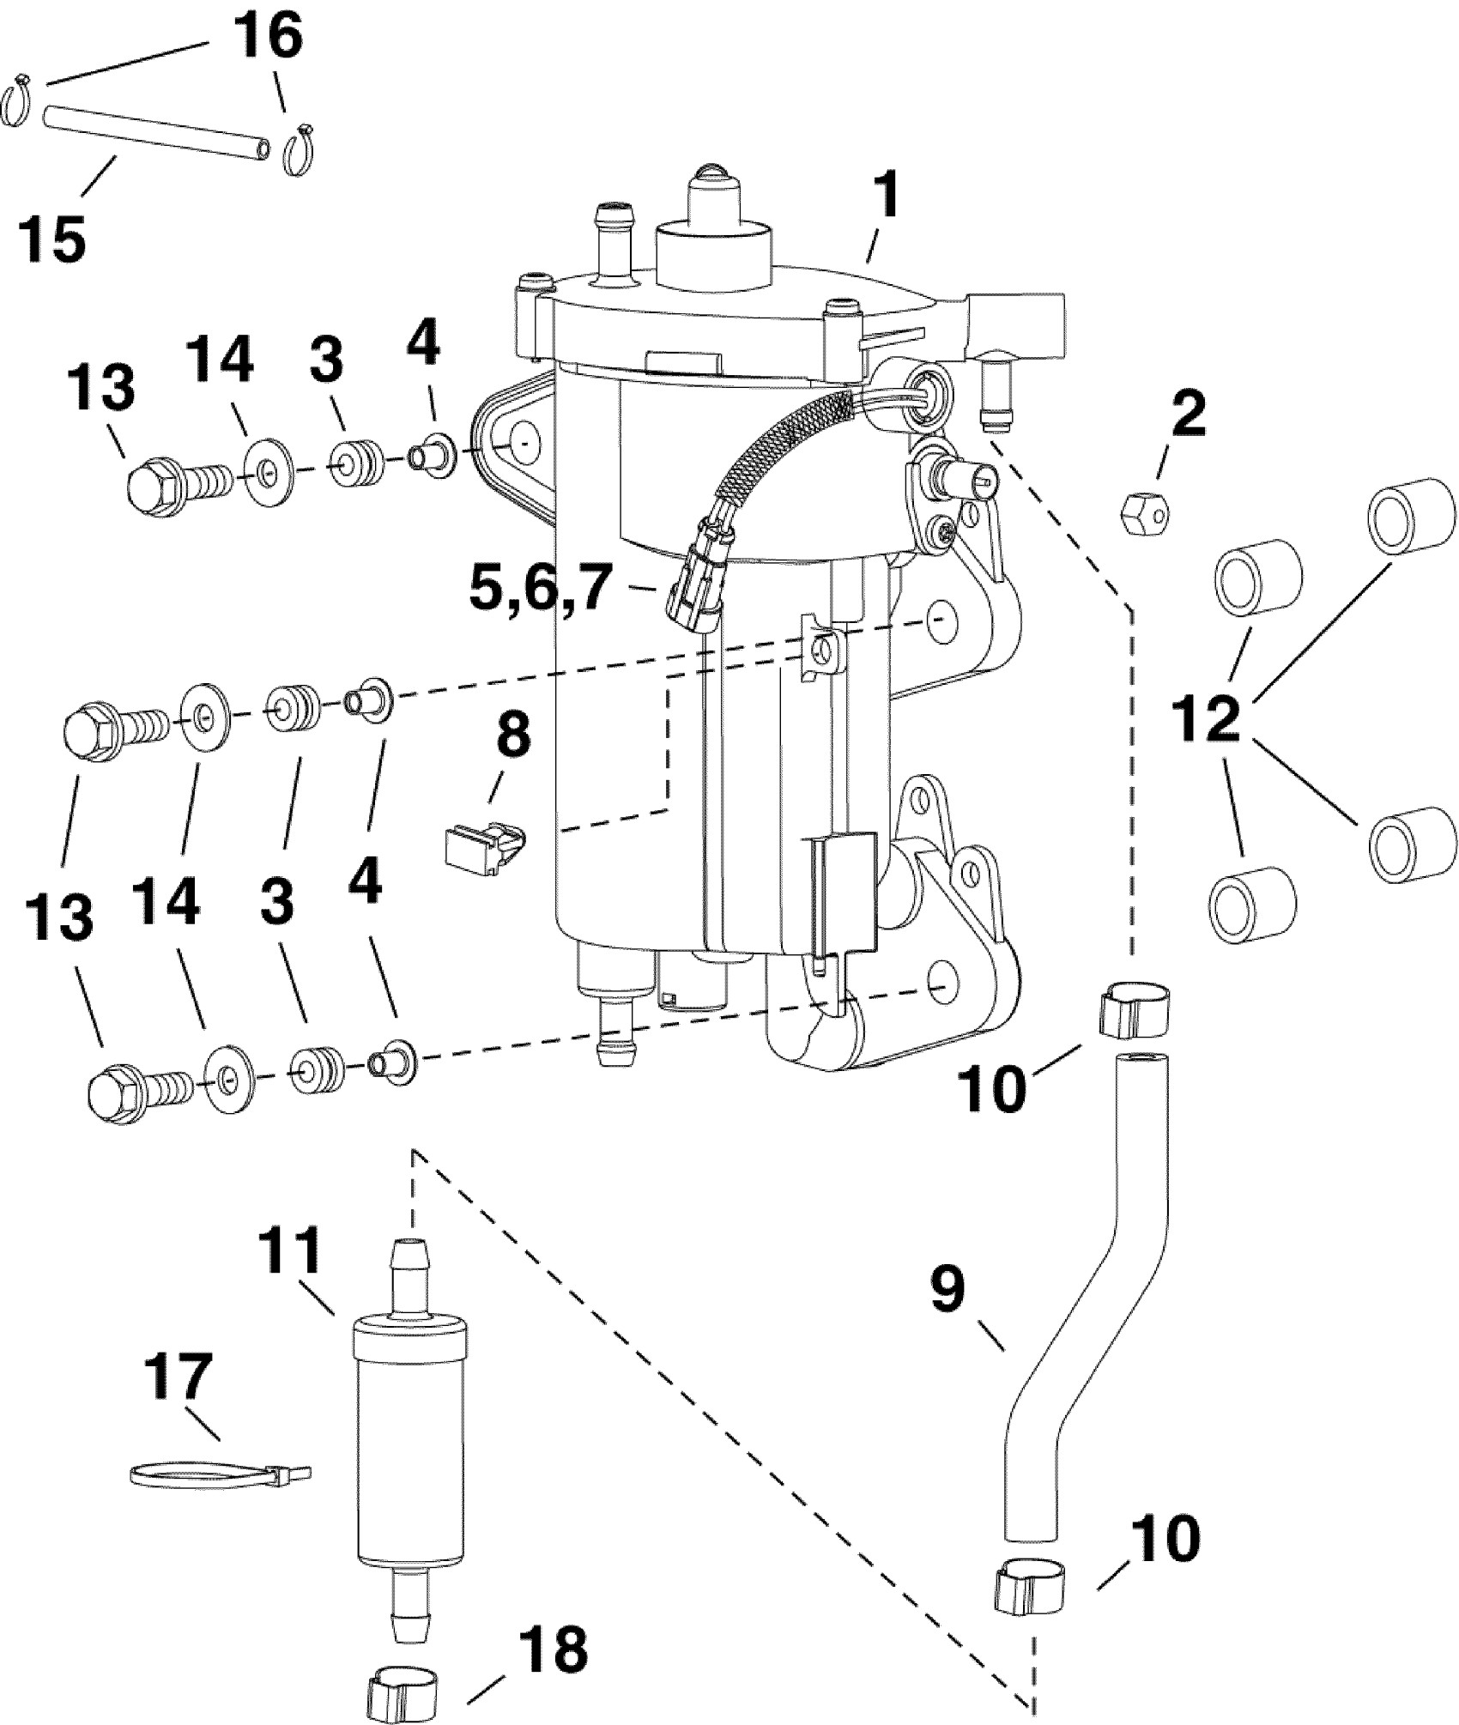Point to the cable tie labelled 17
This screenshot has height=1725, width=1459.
221,1474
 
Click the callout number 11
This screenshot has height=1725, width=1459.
294,1255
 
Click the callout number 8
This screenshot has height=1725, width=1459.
513,735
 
